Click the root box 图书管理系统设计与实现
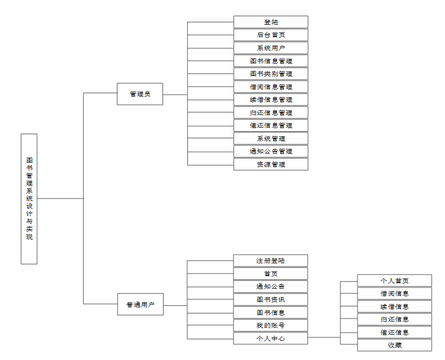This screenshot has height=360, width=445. coord(29,199)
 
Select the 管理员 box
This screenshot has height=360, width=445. coord(140,94)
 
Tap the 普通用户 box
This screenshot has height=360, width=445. coord(140,304)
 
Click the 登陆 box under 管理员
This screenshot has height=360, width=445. coord(271,22)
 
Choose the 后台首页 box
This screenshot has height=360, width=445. coord(271,35)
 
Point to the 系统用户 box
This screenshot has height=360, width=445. coord(271,48)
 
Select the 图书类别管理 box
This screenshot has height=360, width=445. coord(271,74)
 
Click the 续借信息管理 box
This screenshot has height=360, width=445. coord(271,100)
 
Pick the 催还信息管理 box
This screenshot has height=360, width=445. coord(271,126)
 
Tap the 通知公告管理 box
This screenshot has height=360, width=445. coord(271,151)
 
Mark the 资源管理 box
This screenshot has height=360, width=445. coord(271,165)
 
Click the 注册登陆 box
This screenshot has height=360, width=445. coord(270,261)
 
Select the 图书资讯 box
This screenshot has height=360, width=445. coord(270,300)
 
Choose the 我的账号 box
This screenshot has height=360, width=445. coord(270,326)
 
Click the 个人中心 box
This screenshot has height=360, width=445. coord(270,338)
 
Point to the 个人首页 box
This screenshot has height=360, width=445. coord(394,281)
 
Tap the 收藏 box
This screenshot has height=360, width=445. coord(394,345)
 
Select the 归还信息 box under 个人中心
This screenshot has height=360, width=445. coord(394,319)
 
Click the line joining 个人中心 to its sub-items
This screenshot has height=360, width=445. coord(324,338)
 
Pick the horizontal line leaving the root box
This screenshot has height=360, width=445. coord(60,198)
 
